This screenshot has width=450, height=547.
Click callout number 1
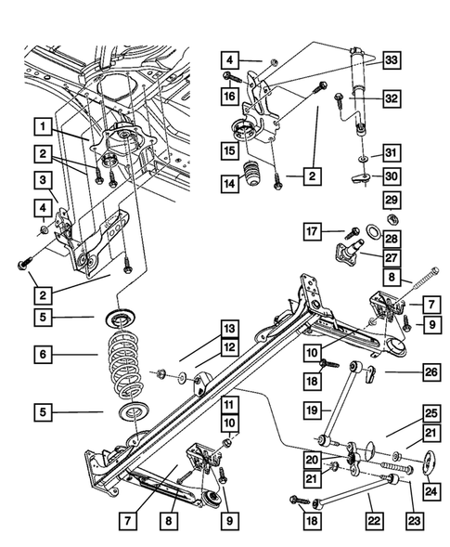[43, 122]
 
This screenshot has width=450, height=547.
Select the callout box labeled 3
[43, 179]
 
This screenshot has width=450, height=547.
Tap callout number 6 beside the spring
[43, 354]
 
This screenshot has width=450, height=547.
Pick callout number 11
[228, 405]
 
